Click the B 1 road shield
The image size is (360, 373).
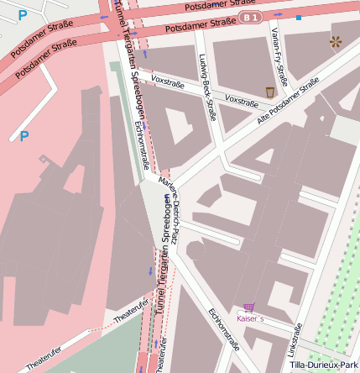coord(249,17)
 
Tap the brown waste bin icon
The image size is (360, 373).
coord(269,92)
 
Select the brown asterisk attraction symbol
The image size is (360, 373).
coord(336,40)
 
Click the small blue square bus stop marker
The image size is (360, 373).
coord(299,17)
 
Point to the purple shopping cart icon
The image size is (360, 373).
coord(248,307)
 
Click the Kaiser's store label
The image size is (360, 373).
coord(250,319)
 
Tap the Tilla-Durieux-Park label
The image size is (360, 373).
coord(323,365)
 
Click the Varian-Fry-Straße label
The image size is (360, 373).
coord(279,56)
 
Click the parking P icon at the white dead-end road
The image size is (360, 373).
coord(24,134)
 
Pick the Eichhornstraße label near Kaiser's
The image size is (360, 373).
coord(224,329)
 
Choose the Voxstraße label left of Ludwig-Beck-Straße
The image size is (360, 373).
coord(168,81)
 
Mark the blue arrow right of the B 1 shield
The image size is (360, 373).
coord(278,15)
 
